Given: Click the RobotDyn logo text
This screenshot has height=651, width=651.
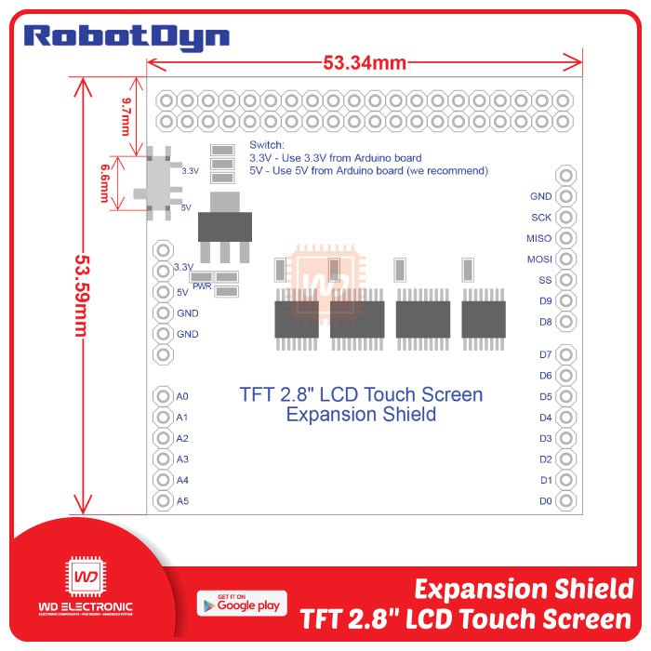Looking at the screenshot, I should (126, 36).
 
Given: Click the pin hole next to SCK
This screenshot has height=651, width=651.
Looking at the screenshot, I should (565, 218).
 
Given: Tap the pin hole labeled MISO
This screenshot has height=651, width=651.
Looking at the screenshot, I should (565, 238).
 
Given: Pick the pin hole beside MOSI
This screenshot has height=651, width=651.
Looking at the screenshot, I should (565, 259).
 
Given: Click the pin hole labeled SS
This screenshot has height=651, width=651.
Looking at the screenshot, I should (565, 280).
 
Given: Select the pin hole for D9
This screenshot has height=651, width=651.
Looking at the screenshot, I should (565, 301).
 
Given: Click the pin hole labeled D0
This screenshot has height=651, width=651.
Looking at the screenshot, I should (565, 501).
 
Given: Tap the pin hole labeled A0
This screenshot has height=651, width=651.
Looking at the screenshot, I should (164, 396).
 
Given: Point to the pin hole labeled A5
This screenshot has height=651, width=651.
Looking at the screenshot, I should (164, 501).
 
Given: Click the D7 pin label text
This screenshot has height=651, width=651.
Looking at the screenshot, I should (545, 354).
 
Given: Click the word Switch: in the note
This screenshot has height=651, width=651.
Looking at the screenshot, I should (267, 146).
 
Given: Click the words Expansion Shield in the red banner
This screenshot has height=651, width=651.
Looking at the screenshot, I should (523, 590).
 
